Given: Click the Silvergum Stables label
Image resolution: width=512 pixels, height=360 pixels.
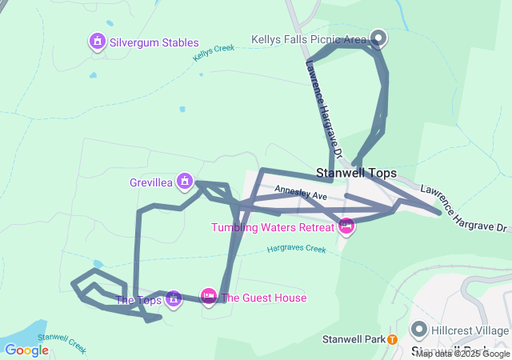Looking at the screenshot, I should tap(154, 42).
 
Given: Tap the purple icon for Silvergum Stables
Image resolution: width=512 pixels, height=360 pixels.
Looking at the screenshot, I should tap(98, 41).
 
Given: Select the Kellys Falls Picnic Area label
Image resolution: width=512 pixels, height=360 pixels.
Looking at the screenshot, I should tap(308, 39).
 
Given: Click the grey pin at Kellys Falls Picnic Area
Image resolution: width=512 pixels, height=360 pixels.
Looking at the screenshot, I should tap(378, 38).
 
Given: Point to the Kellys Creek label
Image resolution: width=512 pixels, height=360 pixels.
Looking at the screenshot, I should tap(214, 54).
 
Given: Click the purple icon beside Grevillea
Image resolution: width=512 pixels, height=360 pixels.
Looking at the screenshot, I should tap(185, 181).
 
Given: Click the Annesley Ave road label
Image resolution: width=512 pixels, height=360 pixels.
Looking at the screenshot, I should tap(302, 194).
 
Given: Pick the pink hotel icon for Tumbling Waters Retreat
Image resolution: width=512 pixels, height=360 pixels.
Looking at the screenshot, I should tap(346, 226).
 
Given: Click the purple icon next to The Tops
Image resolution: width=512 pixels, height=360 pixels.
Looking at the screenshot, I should tap(174, 299).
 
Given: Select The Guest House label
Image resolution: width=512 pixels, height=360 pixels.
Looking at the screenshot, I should tap(263, 298).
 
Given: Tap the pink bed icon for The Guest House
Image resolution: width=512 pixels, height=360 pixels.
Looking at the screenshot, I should tap(208, 297).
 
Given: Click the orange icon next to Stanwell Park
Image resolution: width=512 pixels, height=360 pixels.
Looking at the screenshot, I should tap(392, 339).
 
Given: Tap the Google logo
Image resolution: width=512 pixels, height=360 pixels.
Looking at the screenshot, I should tap(26, 350).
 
